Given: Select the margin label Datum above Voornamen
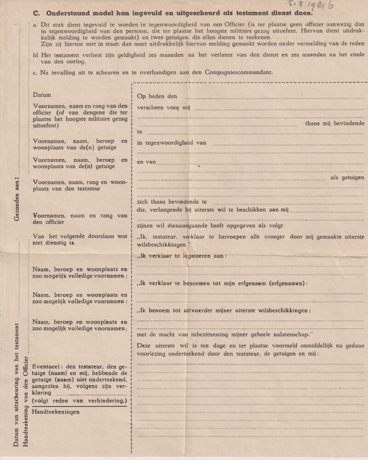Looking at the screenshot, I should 42,95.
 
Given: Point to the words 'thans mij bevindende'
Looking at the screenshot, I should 335,123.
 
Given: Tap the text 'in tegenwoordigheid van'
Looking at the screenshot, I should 172,143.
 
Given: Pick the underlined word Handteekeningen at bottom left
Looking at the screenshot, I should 57,412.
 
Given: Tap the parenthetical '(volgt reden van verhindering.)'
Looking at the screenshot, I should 80,401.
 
